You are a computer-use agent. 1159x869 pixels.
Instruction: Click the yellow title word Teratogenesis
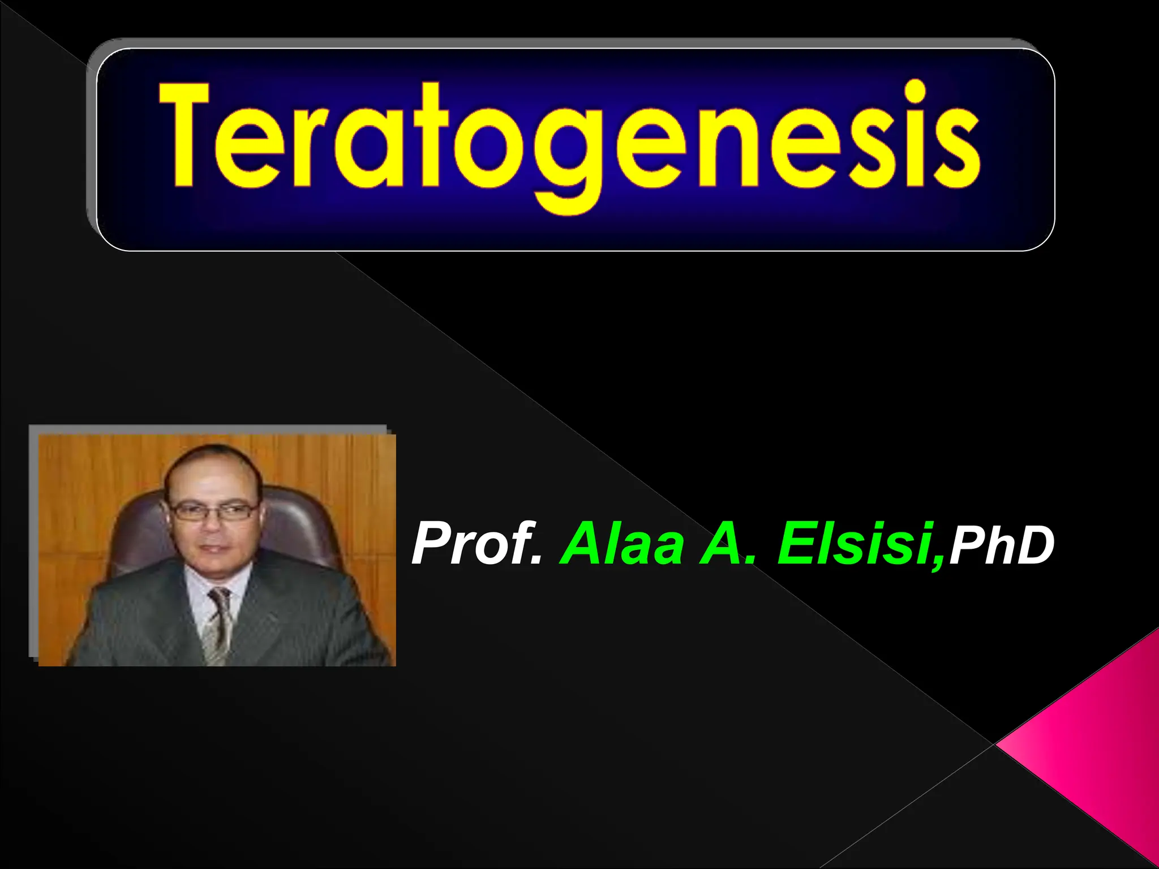pyautogui.click(x=569, y=141)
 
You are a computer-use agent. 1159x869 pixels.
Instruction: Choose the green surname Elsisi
pyautogui.click(x=855, y=544)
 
